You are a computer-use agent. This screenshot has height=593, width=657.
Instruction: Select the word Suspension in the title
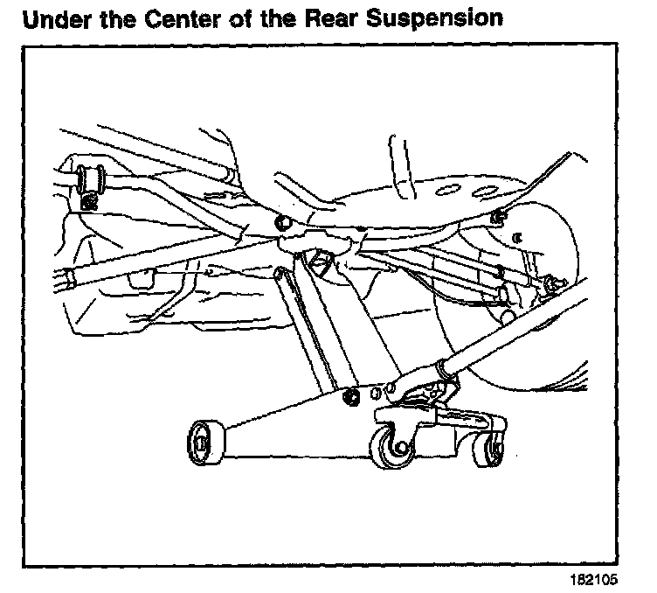tap(440, 18)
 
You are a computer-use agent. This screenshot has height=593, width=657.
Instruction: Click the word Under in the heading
tap(57, 17)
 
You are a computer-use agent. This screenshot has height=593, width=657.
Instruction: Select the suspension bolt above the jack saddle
tap(282, 223)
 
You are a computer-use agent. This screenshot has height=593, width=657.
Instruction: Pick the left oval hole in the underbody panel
tap(442, 186)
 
